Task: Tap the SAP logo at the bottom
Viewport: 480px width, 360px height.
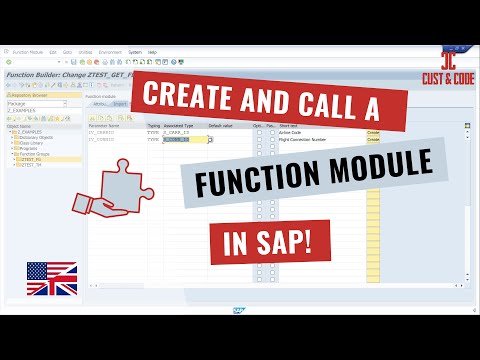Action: click(x=239, y=311)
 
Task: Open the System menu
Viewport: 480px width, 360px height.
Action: click(x=136, y=51)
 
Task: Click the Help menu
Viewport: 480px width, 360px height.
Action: click(x=152, y=51)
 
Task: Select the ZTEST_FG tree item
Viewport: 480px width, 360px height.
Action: click(x=29, y=158)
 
